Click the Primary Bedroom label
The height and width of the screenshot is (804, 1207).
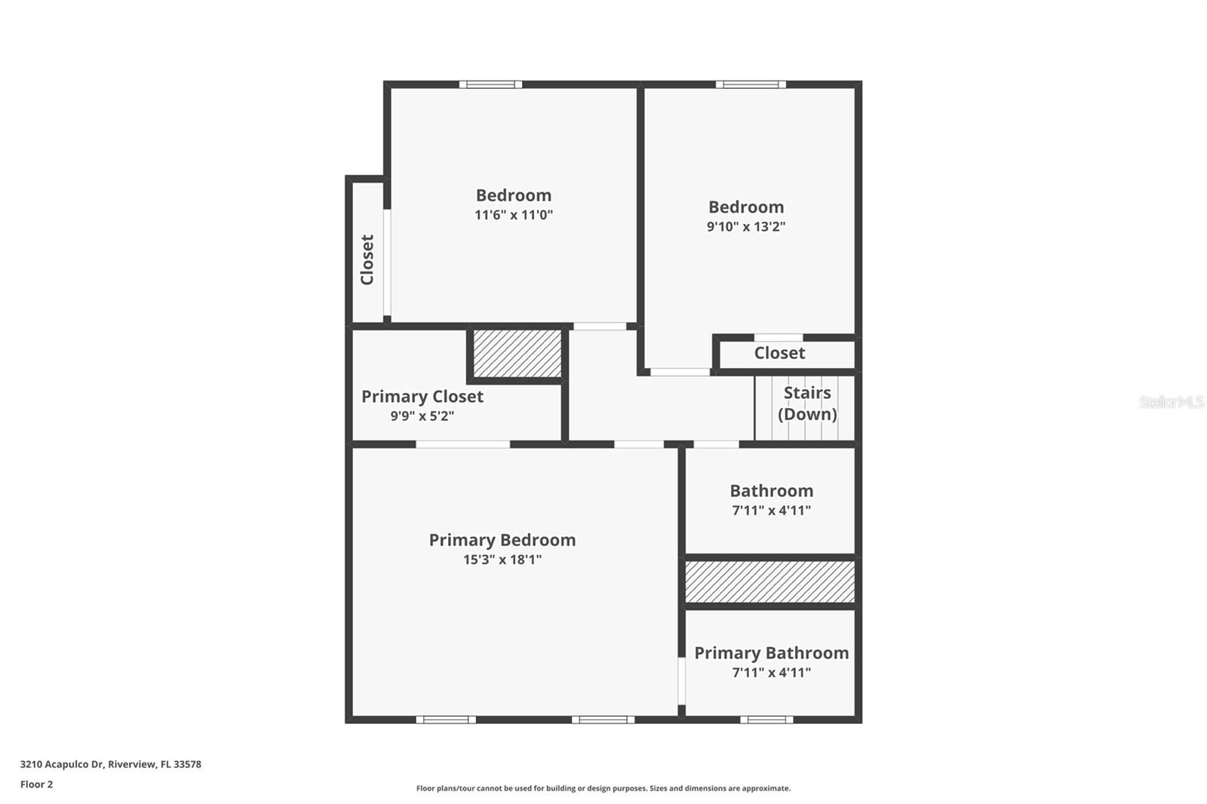[502, 540]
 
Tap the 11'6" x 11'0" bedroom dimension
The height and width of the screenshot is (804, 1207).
[513, 215]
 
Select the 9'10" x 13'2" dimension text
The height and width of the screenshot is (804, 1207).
[745, 227]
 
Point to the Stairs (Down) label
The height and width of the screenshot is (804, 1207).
[806, 404]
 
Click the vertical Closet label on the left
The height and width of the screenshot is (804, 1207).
[367, 259]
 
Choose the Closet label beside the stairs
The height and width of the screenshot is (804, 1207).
[779, 353]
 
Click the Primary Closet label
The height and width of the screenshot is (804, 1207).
[422, 397]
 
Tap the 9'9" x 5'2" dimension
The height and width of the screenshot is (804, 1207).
[422, 416]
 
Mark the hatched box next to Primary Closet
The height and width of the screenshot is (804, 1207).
[517, 353]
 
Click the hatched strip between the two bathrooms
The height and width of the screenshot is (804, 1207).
[769, 582]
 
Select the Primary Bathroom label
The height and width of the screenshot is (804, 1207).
[771, 653]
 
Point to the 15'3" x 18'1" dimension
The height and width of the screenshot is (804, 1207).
[502, 560]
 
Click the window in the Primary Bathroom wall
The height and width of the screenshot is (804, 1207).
[766, 720]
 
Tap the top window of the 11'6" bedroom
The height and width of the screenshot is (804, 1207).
[490, 84]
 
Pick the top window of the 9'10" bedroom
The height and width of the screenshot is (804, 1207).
[750, 84]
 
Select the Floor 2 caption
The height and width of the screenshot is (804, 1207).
[36, 784]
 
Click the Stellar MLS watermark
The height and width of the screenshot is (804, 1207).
[1171, 402]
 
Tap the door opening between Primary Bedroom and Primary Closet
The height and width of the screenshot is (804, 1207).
[462, 444]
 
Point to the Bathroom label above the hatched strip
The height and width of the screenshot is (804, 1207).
[771, 491]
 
